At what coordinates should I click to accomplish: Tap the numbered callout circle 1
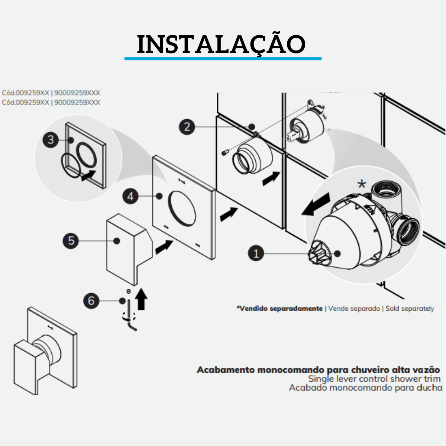click(256, 254)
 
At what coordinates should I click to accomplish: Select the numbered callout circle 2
click(187, 127)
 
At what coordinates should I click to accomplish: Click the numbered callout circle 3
click(51, 140)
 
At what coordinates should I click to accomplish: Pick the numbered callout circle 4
click(130, 196)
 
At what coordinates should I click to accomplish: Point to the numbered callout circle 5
click(71, 240)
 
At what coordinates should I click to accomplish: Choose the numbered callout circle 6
click(91, 300)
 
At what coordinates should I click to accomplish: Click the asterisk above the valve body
click(361, 184)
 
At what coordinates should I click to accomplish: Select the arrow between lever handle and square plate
click(163, 248)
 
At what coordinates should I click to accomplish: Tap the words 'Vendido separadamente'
click(280, 308)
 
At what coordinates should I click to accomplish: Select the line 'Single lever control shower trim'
click(374, 379)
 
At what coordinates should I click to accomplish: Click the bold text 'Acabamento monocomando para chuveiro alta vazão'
click(318, 370)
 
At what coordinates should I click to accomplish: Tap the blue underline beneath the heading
click(223, 59)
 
